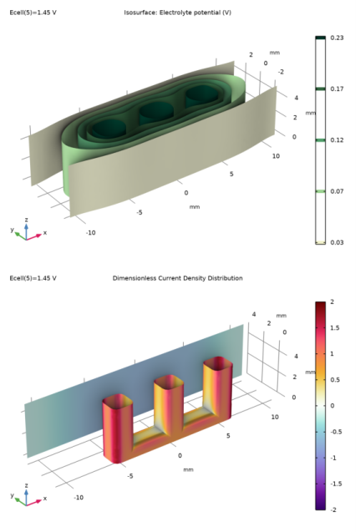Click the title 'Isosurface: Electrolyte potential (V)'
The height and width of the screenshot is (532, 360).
pyautogui.click(x=177, y=13)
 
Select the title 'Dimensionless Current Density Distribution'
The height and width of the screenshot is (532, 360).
pyautogui.click(x=177, y=278)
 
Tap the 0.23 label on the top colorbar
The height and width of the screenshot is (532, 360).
pyautogui.click(x=337, y=38)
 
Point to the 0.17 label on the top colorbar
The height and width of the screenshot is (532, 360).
pyautogui.click(x=337, y=89)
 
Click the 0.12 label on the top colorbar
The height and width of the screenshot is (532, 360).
pyautogui.click(x=337, y=140)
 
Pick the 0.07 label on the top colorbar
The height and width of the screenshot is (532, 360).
pyautogui.click(x=337, y=191)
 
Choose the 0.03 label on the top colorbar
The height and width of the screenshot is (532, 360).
pyautogui.click(x=337, y=242)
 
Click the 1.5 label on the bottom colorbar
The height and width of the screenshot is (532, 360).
pyautogui.click(x=335, y=327)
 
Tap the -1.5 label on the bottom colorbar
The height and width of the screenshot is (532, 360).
pyautogui.click(x=335, y=484)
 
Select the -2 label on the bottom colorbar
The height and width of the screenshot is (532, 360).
pyautogui.click(x=333, y=509)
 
